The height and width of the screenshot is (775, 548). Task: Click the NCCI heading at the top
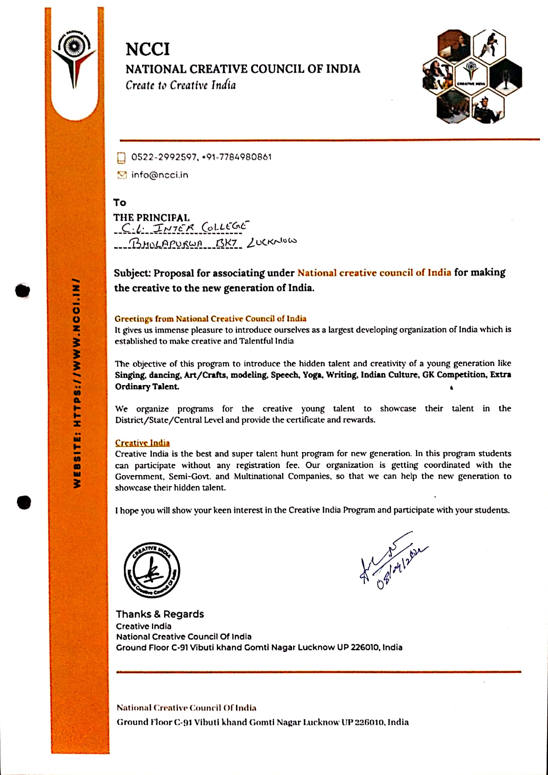point(147,49)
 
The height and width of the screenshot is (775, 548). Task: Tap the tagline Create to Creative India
point(181,85)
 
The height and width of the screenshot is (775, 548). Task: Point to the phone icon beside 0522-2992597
point(121,158)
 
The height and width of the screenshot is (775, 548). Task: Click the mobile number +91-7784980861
point(237,157)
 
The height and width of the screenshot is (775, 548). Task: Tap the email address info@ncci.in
point(160,175)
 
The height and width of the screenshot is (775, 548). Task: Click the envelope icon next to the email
point(121,175)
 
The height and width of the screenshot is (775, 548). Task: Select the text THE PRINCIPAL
point(151,217)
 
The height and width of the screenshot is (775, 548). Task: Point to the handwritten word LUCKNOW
point(272,242)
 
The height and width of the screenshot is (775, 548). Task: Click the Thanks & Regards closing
point(160,614)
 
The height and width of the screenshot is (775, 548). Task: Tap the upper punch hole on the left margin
point(23,290)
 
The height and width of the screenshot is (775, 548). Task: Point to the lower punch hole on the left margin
point(24,502)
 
